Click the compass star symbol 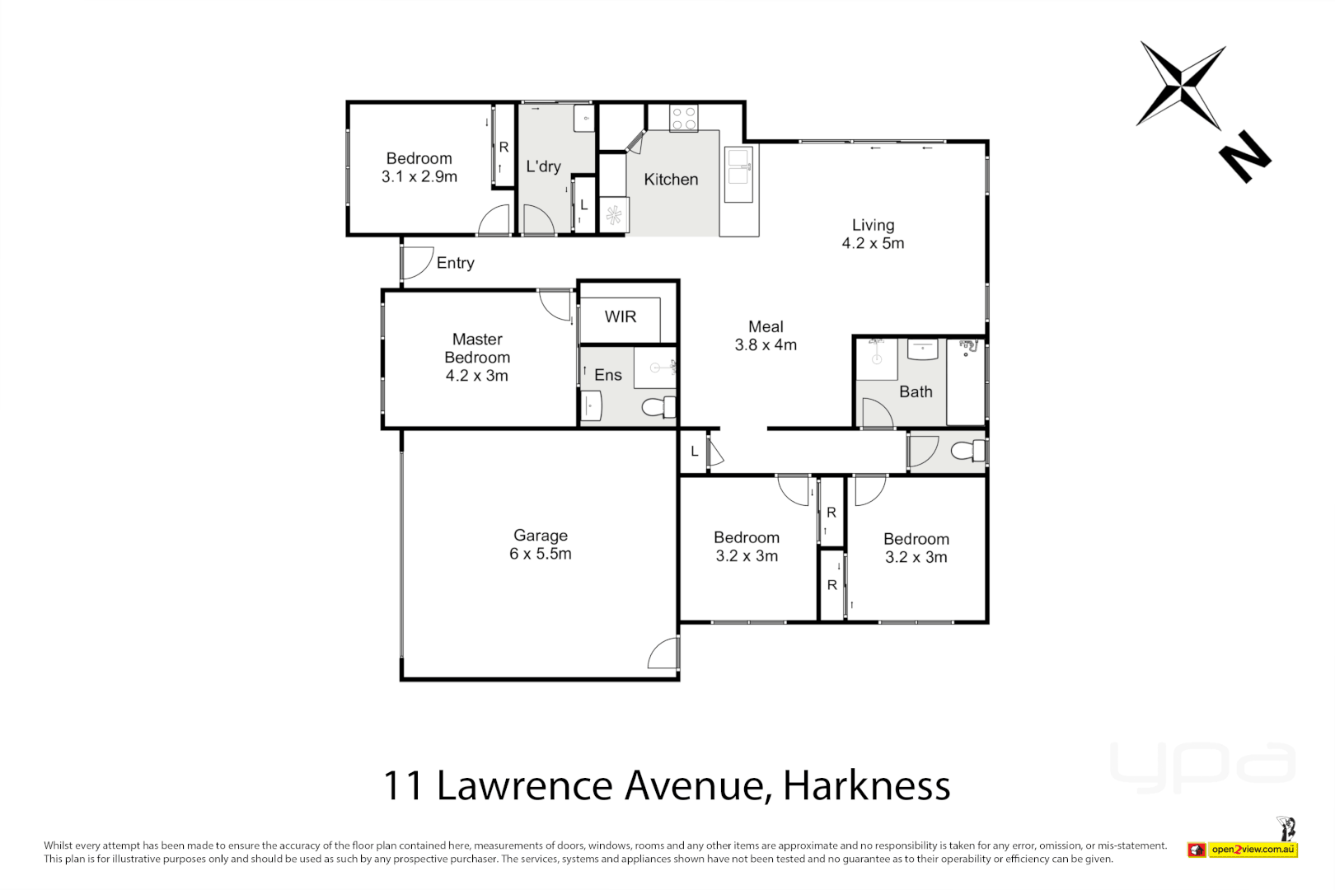click(x=1181, y=85)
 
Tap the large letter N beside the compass click(x=1244, y=156)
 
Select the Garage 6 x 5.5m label click(x=541, y=545)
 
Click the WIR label click(x=621, y=317)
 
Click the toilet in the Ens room click(x=657, y=406)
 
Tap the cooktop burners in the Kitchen click(x=683, y=118)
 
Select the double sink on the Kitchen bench click(x=738, y=175)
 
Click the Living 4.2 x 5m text click(x=873, y=234)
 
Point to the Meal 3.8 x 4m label click(x=766, y=336)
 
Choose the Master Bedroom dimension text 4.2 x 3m click(x=477, y=376)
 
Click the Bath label click(x=916, y=392)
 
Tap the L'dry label click(x=543, y=166)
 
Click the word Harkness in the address click(x=866, y=785)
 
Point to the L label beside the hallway click(x=695, y=452)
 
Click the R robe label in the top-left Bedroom click(x=504, y=148)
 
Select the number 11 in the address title click(x=403, y=785)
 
